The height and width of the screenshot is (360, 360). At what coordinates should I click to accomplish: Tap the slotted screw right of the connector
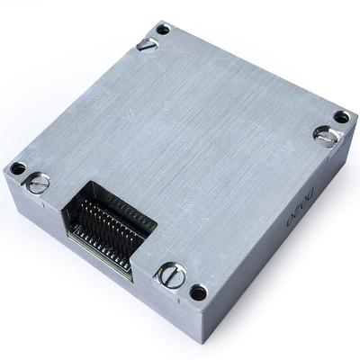pyautogui.click(x=170, y=275)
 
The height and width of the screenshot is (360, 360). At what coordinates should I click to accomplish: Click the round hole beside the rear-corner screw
pyautogui.click(x=163, y=30)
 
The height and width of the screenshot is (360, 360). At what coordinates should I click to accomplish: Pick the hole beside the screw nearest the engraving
pyautogui.click(x=341, y=117)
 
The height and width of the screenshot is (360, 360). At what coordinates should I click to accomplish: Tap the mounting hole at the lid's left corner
pyautogui.click(x=17, y=168)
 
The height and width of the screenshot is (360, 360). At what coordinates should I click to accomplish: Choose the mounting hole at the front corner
pyautogui.click(x=198, y=292)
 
